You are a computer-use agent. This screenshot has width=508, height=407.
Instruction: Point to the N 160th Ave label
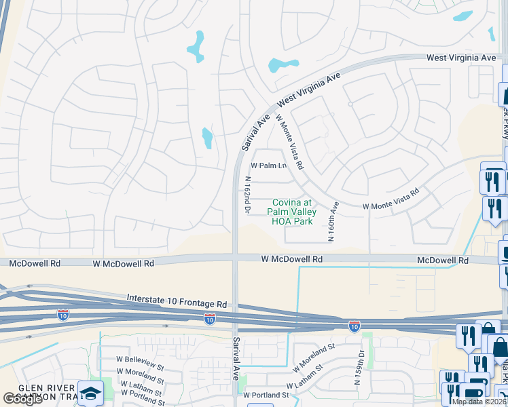(333, 221)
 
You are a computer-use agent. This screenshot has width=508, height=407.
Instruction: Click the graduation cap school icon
(90, 393)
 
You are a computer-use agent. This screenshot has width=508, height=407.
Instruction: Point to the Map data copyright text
(479, 402)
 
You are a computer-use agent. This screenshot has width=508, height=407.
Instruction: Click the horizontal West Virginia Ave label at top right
(461, 58)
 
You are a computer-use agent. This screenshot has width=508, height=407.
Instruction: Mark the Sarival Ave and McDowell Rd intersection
(235, 259)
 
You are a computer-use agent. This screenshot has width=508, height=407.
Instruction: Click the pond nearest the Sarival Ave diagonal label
(206, 138)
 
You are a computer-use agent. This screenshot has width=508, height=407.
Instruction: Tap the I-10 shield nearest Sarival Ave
(209, 319)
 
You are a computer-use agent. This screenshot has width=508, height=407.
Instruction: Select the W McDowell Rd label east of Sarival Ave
(291, 259)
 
